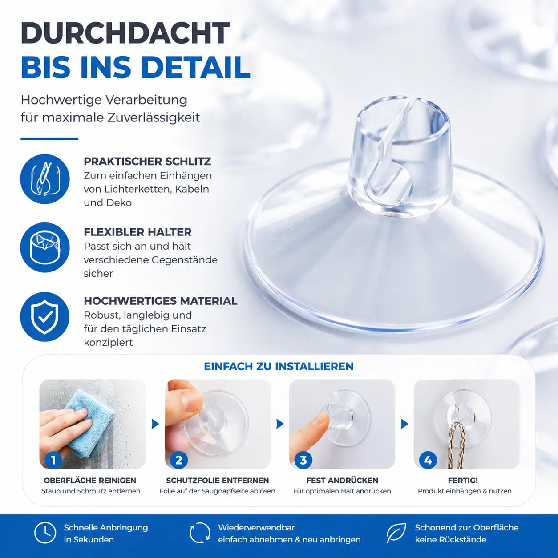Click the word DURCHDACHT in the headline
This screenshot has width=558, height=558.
(x=125, y=33)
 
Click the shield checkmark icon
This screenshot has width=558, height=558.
(x=45, y=316)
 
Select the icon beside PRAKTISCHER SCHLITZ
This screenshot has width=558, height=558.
(x=45, y=179)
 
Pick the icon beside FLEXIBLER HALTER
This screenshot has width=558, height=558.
(x=45, y=247)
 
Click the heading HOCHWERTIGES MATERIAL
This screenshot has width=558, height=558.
(x=161, y=301)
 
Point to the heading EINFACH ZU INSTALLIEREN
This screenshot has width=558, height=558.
(x=279, y=366)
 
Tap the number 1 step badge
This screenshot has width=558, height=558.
(x=53, y=460)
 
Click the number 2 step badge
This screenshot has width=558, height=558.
(x=178, y=460)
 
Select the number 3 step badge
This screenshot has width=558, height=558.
(x=303, y=460)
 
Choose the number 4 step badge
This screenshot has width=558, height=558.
(x=428, y=460)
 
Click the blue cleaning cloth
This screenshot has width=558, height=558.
(x=89, y=417)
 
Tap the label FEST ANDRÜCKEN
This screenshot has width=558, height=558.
(x=342, y=481)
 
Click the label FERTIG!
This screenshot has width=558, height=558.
(x=463, y=481)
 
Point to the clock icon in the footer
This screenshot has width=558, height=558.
(x=45, y=533)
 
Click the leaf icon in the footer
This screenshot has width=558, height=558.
(x=396, y=533)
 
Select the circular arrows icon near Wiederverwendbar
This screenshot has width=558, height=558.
(x=200, y=533)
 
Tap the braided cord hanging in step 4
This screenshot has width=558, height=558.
(x=457, y=446)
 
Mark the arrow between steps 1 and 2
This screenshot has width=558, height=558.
(x=155, y=424)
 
